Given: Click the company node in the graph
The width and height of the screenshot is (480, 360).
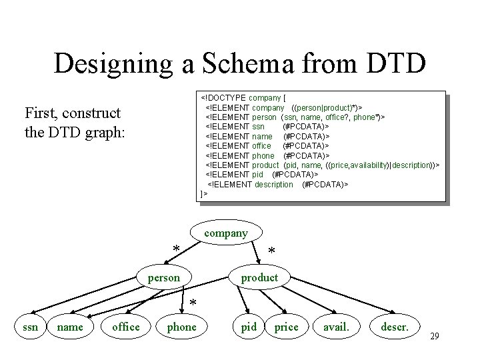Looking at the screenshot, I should tap(226, 233).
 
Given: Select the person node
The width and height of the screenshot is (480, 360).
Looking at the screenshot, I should tap(165, 277).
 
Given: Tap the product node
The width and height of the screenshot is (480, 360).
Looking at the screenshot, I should tap(259, 277).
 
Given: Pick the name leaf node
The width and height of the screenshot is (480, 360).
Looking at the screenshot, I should tap(70, 326).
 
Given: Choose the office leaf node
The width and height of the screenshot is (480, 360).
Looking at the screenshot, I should tap(126, 326).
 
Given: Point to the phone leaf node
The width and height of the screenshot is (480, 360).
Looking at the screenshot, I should tap(181, 326).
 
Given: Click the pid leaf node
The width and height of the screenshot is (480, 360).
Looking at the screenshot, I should tap(249, 326).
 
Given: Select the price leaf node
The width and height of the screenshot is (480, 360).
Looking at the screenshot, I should tap(287, 326).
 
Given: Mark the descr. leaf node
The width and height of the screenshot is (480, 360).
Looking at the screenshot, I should tap(396, 326).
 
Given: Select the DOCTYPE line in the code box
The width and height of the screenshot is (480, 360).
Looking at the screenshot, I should tap(248, 98).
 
